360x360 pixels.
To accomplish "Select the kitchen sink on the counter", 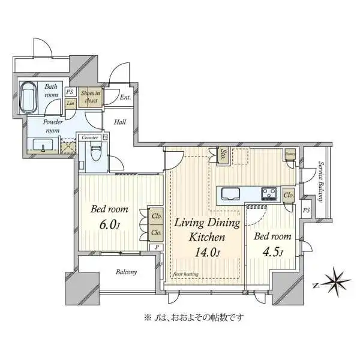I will click(230, 194).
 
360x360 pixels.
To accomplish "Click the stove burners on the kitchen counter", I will click(268, 193).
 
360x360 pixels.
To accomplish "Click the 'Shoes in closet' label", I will click(92, 97).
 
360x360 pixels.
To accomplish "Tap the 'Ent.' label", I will click(125, 97).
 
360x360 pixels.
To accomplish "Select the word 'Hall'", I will click(120, 122).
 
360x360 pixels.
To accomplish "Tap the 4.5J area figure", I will click(272, 251).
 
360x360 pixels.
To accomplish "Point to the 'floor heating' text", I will click(186, 275).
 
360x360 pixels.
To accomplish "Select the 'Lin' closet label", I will click(71, 104).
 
